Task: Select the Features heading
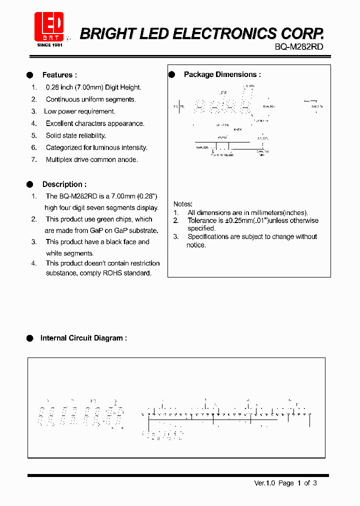click(59, 75)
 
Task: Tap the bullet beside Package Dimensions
click(171, 74)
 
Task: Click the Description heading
click(64, 184)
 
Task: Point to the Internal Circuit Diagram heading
click(83, 338)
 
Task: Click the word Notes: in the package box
click(182, 204)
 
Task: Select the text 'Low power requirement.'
click(80, 111)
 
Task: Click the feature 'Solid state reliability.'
click(75, 135)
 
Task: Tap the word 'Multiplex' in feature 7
click(60, 159)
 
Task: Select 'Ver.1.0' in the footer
click(264, 483)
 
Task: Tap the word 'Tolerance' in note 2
click(202, 220)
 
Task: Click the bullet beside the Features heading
click(29, 75)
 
